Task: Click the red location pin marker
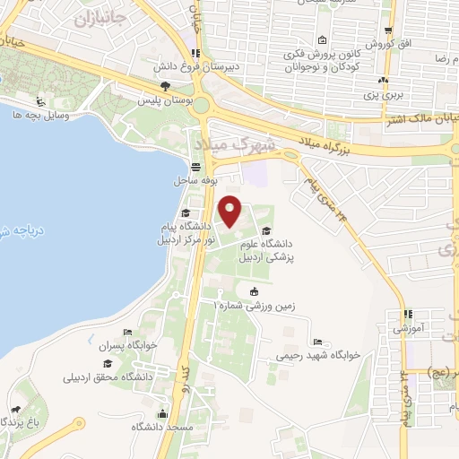(x=231, y=211)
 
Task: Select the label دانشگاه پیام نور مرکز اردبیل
(x=182, y=233)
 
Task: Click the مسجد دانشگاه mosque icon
(x=162, y=414)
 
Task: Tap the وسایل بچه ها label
(x=35, y=115)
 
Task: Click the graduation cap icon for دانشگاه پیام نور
(x=185, y=213)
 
